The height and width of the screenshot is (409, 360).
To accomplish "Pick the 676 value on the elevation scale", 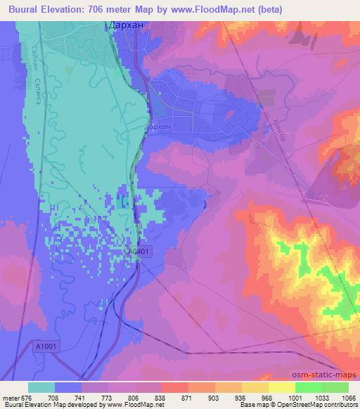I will tap(23, 397).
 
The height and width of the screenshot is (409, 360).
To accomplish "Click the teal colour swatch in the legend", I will tap(41, 387).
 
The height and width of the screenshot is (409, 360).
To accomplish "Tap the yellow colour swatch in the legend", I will tap(281, 387).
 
